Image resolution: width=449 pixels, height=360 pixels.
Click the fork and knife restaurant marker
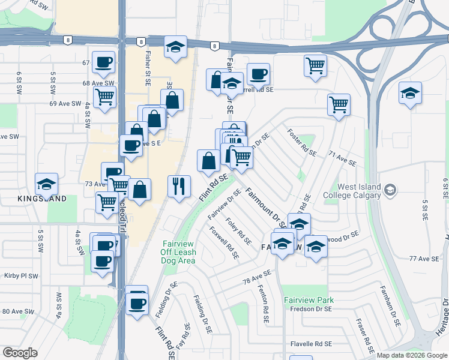(x=179, y=186)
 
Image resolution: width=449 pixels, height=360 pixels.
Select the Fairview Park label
(x=309, y=299)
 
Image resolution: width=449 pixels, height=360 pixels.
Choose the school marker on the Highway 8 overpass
(x=175, y=47)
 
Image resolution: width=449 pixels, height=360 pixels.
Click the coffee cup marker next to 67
(x=103, y=61)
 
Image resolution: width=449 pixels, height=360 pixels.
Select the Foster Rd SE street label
(x=302, y=143)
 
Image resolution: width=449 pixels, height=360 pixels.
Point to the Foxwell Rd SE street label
(x=224, y=242)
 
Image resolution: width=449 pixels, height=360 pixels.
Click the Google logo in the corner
(x=20, y=352)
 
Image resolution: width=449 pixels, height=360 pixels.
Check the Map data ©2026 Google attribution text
(x=412, y=355)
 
